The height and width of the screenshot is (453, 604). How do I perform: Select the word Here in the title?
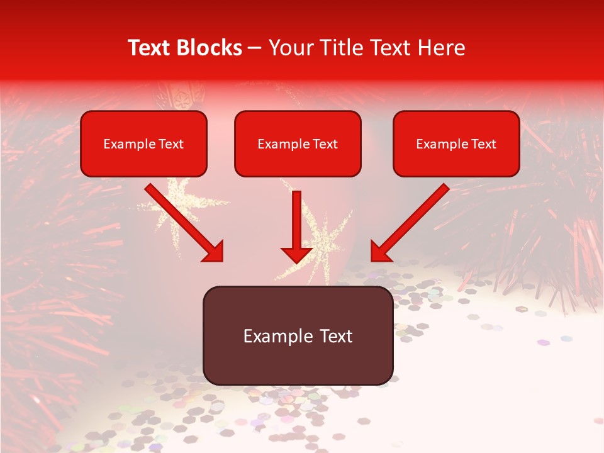point(440,48)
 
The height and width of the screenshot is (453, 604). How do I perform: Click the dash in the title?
point(255,48)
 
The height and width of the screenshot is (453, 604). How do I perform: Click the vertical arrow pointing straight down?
point(296,220)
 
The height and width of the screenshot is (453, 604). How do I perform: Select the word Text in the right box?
point(483,144)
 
